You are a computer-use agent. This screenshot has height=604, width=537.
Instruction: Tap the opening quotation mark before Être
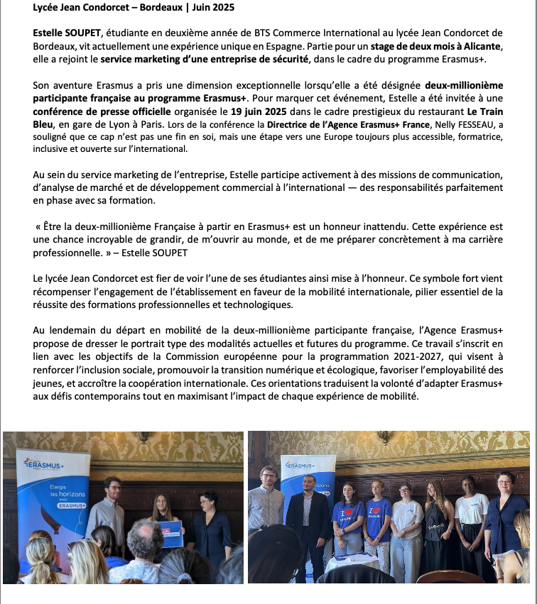point(38,226)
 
